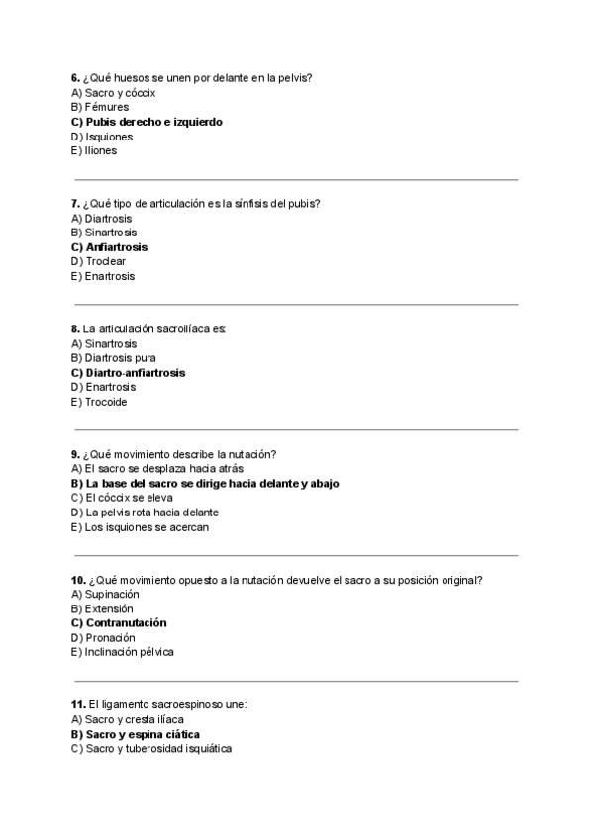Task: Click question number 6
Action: point(75,78)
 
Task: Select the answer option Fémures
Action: point(106,107)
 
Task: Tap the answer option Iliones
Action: point(100,151)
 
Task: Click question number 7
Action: point(75,204)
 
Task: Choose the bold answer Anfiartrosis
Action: point(116,247)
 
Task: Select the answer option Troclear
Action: point(105,261)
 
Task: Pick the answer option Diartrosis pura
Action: point(120,358)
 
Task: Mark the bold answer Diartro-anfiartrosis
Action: point(135,373)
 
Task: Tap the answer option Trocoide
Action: point(106,402)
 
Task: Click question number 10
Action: point(78,580)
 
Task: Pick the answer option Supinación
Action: point(112,595)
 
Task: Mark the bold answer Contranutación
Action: point(126,623)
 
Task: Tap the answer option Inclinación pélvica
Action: point(130,652)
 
